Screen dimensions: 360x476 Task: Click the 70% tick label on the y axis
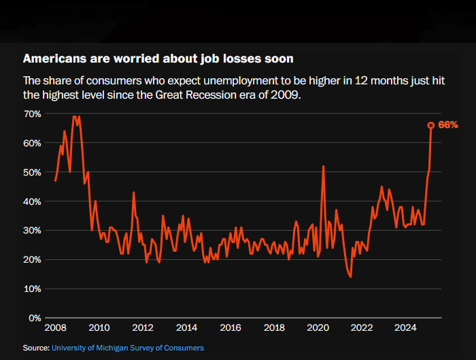pos(33,114)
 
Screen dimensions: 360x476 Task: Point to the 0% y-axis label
pos(35,318)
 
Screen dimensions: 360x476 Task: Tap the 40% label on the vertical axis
pos(33,201)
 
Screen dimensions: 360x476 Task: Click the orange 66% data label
pos(447,125)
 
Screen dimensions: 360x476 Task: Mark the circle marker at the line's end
pos(431,125)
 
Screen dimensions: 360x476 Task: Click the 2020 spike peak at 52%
pos(323,166)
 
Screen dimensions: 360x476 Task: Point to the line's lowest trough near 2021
pos(350,276)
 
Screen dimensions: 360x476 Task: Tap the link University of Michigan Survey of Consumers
pos(127,348)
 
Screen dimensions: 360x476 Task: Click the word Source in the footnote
pos(35,348)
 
